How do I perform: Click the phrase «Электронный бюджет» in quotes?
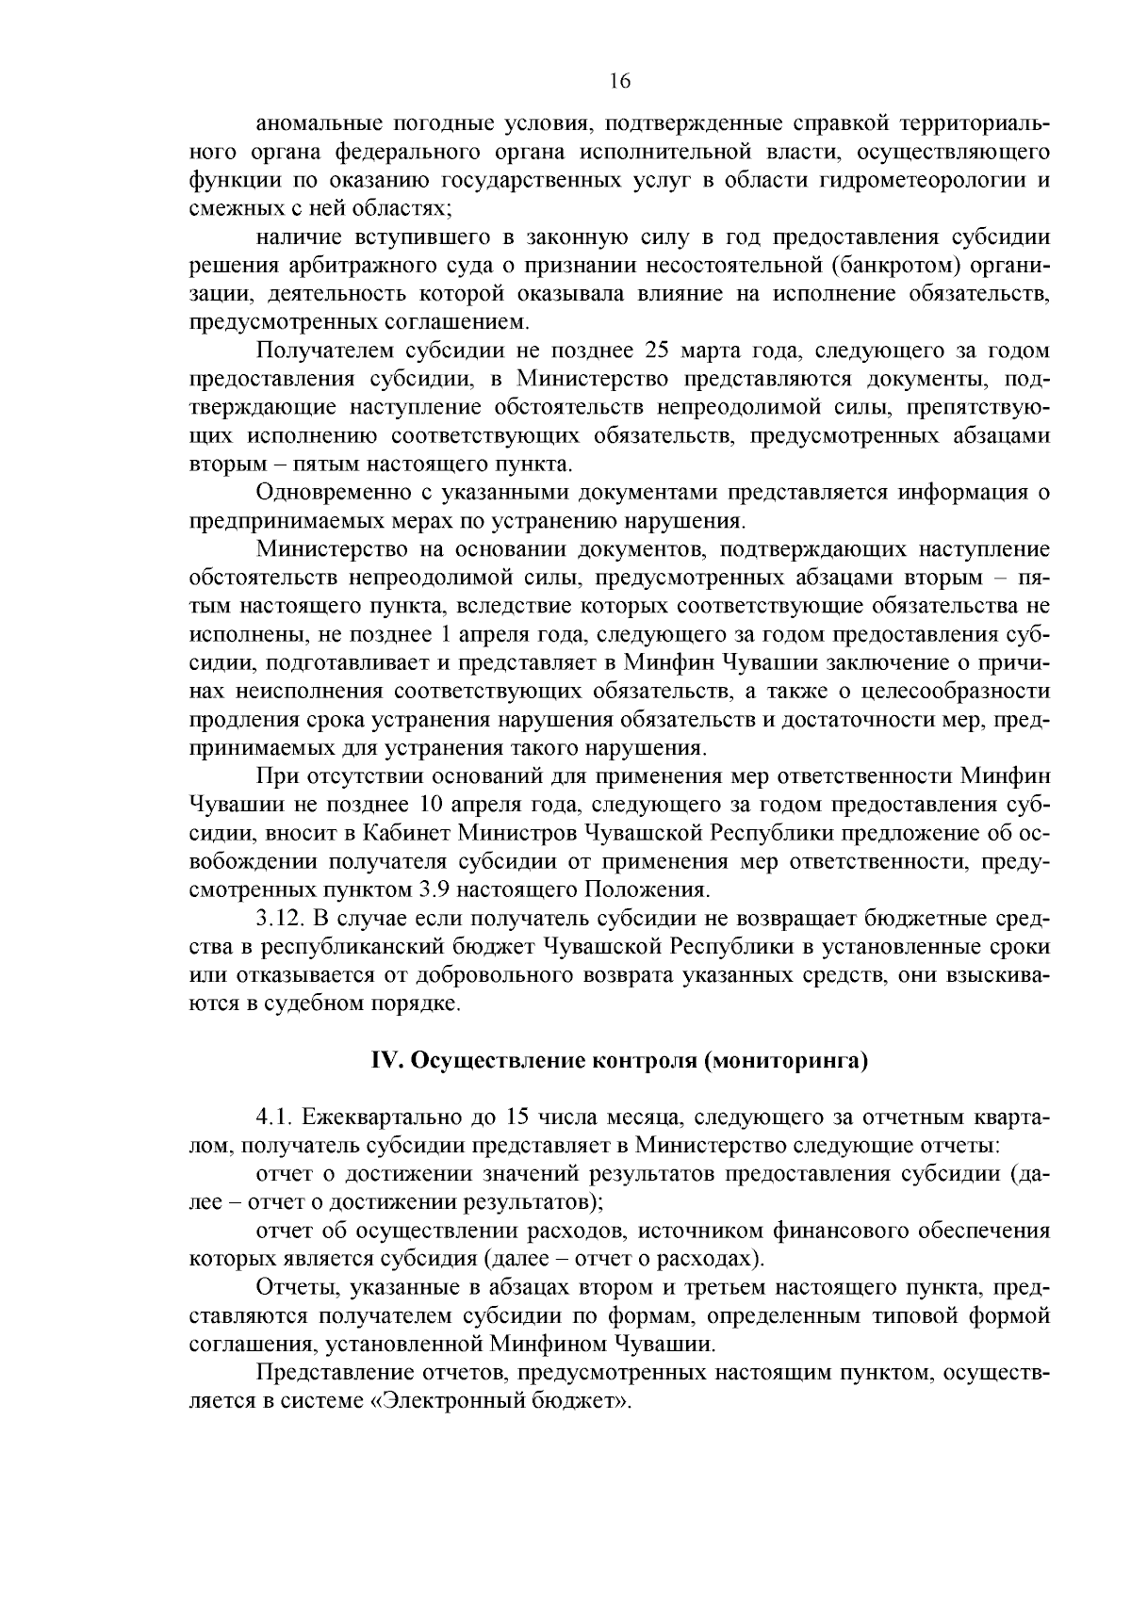click(x=500, y=1401)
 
